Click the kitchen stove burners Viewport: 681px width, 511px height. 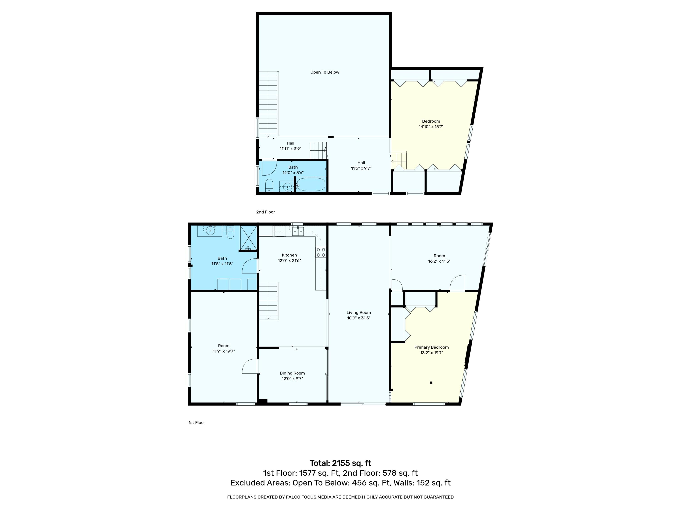click(321, 252)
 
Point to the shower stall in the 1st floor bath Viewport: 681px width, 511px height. click(248, 238)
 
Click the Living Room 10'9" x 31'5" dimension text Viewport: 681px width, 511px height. click(359, 318)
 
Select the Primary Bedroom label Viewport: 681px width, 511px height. click(431, 347)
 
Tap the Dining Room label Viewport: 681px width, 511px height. click(292, 373)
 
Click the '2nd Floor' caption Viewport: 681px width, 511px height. click(265, 212)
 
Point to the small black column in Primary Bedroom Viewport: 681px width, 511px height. click(431, 382)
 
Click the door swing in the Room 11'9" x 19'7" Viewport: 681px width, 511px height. click(249, 366)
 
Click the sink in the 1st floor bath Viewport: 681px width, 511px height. click(210, 230)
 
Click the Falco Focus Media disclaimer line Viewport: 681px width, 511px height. click(340, 497)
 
